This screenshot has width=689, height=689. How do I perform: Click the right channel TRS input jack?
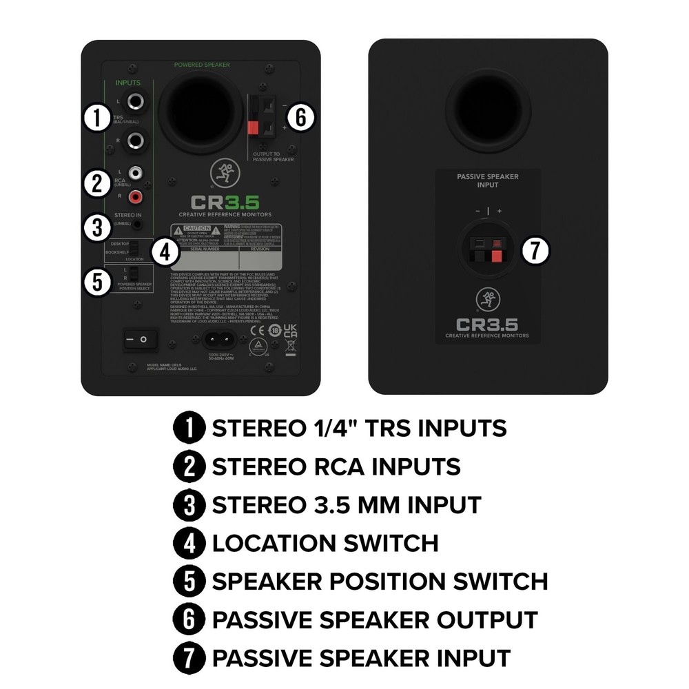point(136,142)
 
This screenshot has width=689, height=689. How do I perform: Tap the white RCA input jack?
point(136,173)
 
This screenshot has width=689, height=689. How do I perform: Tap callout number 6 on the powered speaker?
point(300,118)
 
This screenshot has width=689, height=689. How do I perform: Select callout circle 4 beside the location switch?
point(165,251)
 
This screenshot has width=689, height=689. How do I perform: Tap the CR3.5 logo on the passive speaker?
point(487,324)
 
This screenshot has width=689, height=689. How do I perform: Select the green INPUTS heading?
point(127,83)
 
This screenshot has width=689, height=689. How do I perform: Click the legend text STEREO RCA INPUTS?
point(336,466)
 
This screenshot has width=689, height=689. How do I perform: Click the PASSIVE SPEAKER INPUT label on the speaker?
point(488,181)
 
